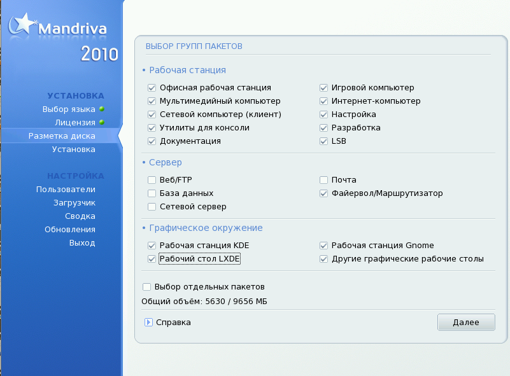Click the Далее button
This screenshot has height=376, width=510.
click(466, 322)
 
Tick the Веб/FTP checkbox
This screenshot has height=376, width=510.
click(152, 179)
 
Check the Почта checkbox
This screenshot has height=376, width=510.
click(323, 179)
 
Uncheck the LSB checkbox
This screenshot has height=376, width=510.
click(323, 141)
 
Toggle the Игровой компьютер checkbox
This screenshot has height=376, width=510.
click(323, 88)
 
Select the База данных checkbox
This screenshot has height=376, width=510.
click(152, 193)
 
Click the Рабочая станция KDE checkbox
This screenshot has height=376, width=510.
click(152, 246)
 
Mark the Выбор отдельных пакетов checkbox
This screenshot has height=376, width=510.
click(146, 287)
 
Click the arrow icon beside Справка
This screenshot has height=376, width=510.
click(148, 322)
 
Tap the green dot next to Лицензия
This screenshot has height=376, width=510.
click(102, 122)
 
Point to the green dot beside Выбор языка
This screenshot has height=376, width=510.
click(102, 109)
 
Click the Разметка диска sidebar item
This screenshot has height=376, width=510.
click(62, 136)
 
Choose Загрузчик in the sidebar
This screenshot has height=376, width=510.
click(74, 203)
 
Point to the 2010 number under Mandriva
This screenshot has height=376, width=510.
click(99, 53)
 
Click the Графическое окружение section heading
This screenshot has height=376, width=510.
click(206, 228)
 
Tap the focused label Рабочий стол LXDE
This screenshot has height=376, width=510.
click(199, 259)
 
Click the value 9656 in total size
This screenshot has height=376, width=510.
click(243, 302)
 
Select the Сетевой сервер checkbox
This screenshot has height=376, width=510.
click(152, 207)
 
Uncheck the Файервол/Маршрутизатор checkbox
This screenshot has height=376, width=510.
click(323, 193)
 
